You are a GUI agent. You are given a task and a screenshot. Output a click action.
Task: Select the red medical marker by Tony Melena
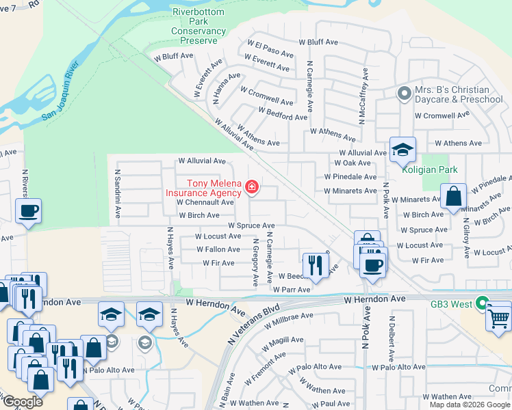[252, 187]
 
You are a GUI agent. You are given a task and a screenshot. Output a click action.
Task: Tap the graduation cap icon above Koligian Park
[402, 150]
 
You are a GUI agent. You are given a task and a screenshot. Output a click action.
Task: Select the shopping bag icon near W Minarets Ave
[453, 197]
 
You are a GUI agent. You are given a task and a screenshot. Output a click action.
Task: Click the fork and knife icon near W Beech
[315, 264]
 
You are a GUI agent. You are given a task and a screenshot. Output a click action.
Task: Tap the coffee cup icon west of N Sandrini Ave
[28, 211]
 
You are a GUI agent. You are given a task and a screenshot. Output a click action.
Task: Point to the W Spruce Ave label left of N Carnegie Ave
[251, 225]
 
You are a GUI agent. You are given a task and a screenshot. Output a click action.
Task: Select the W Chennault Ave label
[205, 202]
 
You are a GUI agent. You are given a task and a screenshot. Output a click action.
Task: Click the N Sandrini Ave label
[118, 194]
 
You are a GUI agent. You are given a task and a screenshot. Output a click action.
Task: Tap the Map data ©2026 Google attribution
[469, 405]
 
